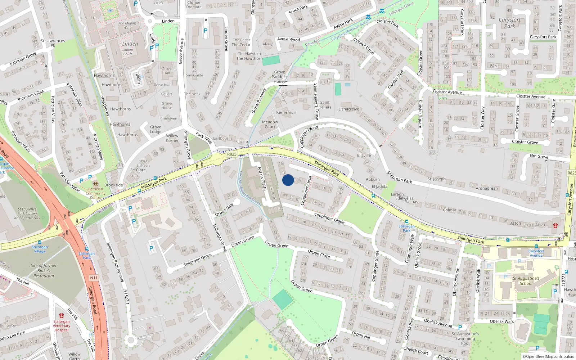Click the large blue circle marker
coord(288,180)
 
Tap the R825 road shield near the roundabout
coord(232,154)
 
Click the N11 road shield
coord(94,278)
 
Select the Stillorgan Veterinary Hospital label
coord(62,325)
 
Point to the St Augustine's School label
coord(526,281)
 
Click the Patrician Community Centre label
coord(95,193)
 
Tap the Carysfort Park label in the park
coord(509,23)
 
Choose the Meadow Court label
coord(270,124)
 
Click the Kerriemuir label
coord(286,112)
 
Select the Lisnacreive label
coord(348,109)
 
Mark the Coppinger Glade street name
coord(329,218)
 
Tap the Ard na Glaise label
coord(262,179)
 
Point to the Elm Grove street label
coord(539,156)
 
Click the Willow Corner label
coord(172,138)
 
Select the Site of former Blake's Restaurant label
coord(44,271)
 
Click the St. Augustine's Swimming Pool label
coord(465,338)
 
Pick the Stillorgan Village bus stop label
coord(40,249)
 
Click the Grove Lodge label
coord(156,129)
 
